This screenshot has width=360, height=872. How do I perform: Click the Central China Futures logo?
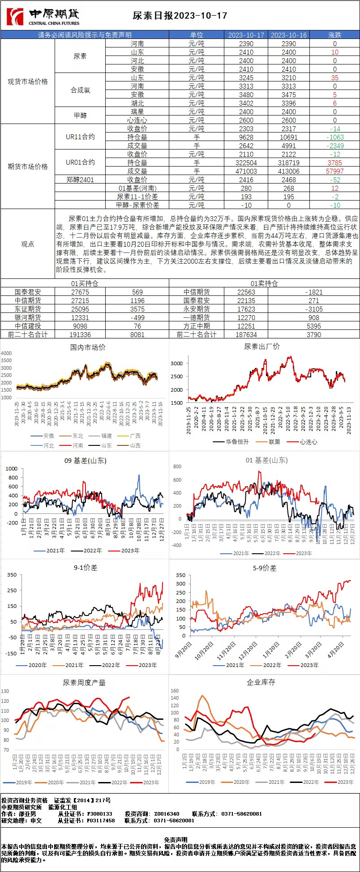tap(43, 17)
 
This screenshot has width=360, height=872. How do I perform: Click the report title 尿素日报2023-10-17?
tap(180, 16)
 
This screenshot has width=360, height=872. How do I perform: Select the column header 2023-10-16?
tap(289, 35)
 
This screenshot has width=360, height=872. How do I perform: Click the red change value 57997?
tap(335, 171)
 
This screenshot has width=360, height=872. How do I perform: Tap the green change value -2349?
tap(335, 145)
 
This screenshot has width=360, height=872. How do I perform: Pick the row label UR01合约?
tap(80, 162)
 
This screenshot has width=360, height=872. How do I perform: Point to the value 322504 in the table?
tap(246, 162)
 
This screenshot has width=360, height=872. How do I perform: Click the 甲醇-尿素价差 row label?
tap(137, 205)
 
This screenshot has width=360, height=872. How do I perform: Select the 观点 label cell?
tap(28, 244)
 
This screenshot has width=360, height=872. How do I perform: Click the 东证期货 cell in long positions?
tap(28, 309)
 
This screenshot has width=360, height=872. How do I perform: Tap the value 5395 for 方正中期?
tap(314, 326)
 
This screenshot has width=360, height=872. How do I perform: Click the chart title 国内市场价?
tap(88, 347)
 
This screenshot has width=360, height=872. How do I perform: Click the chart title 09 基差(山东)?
tap(86, 460)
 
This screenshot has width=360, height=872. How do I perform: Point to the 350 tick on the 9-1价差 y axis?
tap(12, 575)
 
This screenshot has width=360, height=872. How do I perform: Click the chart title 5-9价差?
tap(265, 568)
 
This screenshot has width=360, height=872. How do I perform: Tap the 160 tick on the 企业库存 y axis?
tap(175, 691)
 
